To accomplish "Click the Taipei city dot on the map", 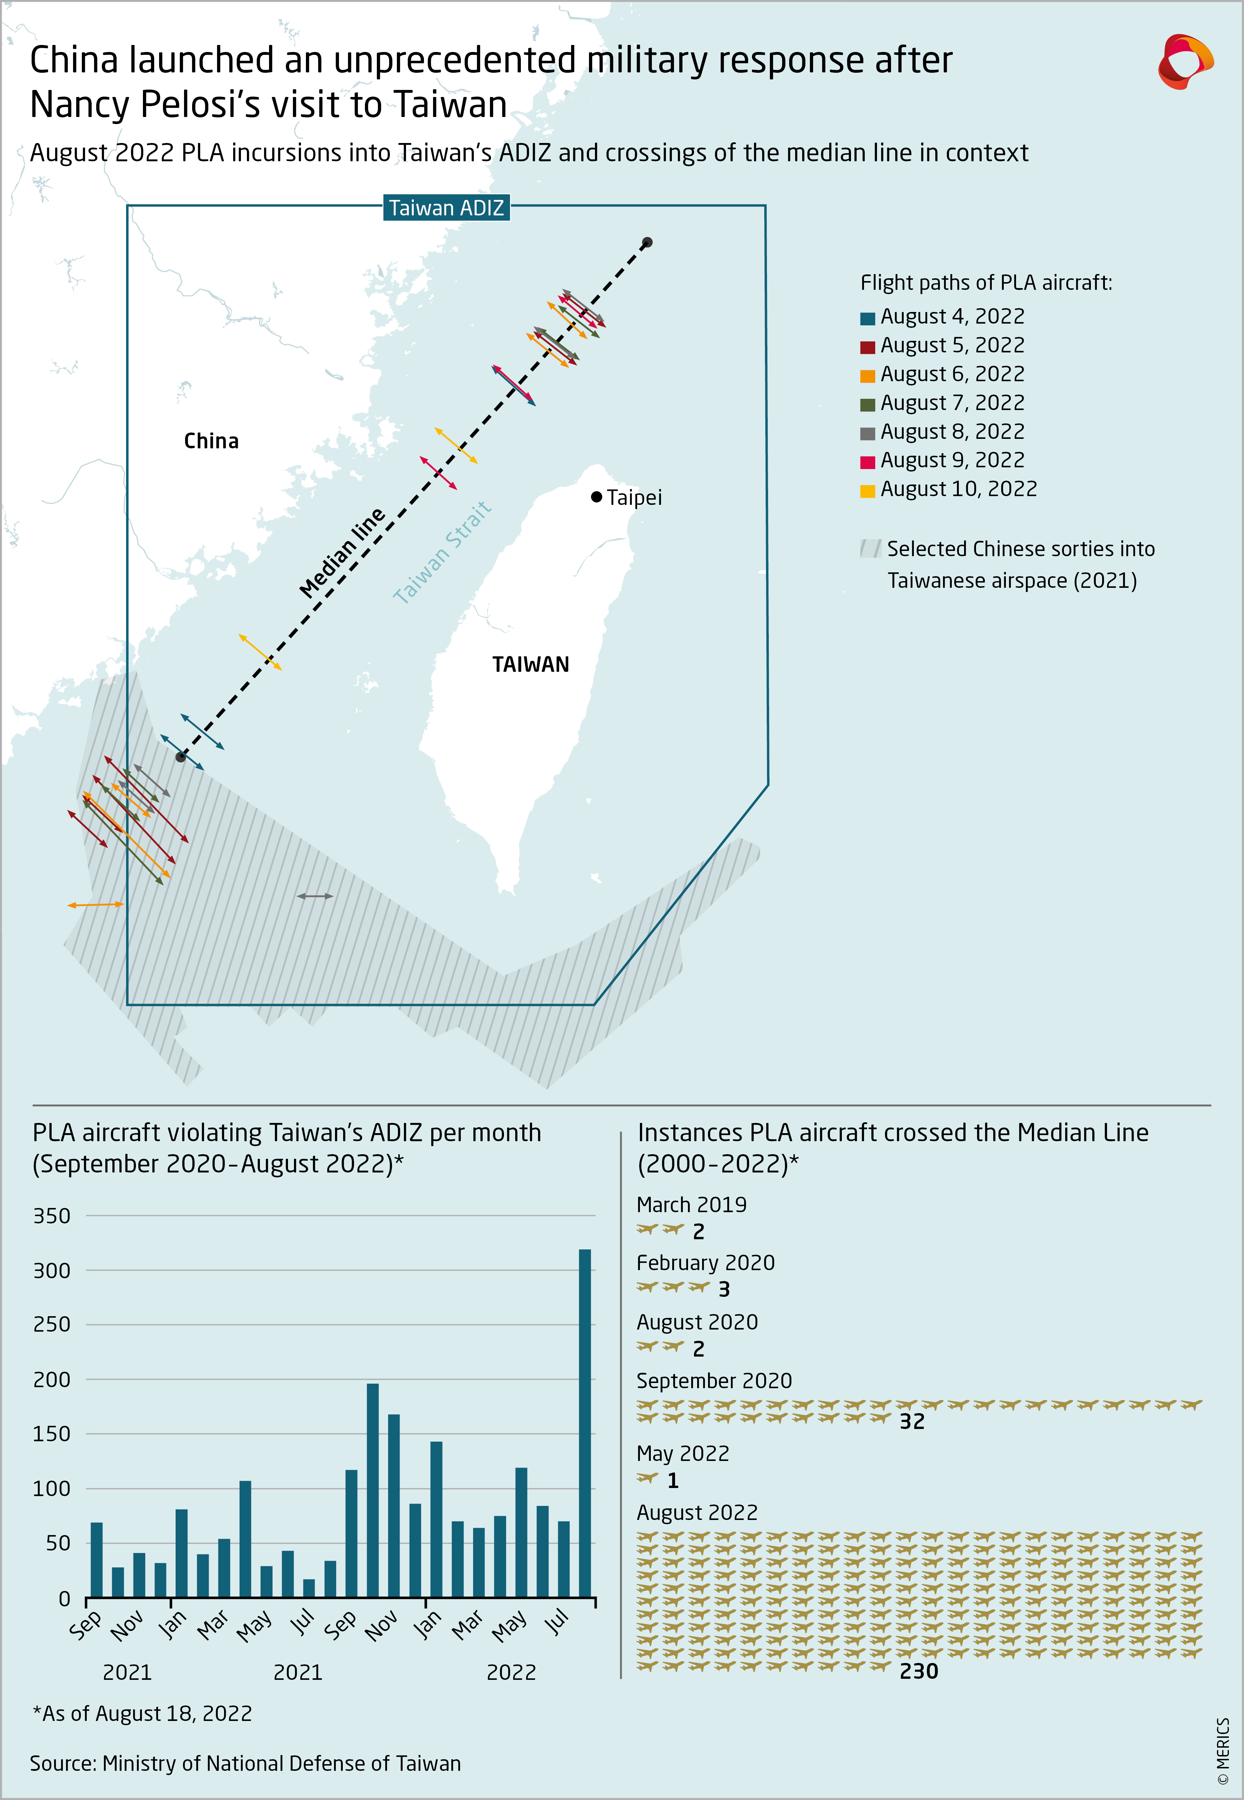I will [x=596, y=496].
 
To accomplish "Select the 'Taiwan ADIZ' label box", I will [x=446, y=208].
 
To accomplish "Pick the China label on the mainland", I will [x=211, y=441].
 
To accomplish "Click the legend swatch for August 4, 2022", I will [x=867, y=318].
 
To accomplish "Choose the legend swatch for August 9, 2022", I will [x=867, y=462].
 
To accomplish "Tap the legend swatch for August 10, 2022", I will [x=867, y=491].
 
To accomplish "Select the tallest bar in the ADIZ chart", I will [x=584, y=1423].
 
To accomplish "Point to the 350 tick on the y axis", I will [x=51, y=1216].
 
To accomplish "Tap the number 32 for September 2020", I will [x=912, y=1421].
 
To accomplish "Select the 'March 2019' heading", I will [x=692, y=1204].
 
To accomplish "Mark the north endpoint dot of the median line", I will [x=647, y=242].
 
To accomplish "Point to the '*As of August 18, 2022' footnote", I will [x=142, y=1714].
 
